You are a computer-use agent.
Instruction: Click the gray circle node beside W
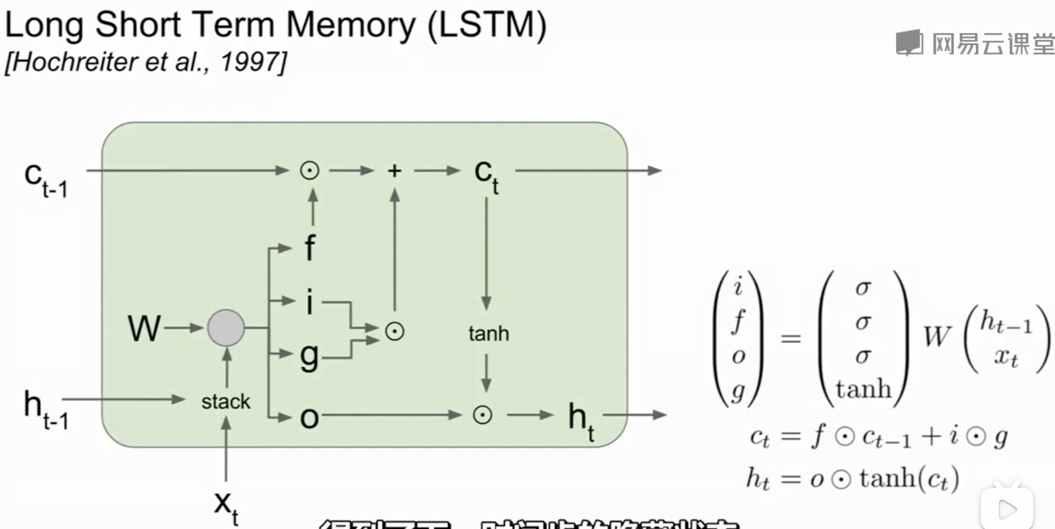(226, 328)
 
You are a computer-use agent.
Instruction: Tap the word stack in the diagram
(226, 402)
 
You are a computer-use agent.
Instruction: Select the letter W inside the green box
(144, 328)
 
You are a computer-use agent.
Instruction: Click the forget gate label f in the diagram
(310, 248)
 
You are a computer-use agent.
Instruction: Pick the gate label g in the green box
(309, 357)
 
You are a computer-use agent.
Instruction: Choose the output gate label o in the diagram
(309, 418)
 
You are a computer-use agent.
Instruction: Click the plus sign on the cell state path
(394, 171)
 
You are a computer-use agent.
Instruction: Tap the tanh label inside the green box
(488, 334)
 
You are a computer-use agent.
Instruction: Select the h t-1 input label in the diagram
(46, 409)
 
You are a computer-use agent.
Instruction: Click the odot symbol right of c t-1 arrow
(310, 171)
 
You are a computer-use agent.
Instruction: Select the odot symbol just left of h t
(482, 415)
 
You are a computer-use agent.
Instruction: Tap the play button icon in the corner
(1007, 509)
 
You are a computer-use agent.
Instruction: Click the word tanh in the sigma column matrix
(863, 389)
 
